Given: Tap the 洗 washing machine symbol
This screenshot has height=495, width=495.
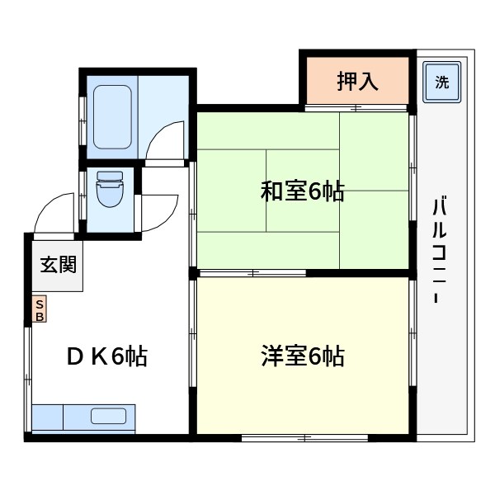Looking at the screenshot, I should tap(442, 82).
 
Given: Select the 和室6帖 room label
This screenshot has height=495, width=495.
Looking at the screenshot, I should tap(302, 192).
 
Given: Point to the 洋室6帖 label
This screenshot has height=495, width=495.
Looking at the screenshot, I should tap(302, 357).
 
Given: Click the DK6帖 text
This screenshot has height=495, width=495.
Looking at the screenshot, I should tap(107, 357).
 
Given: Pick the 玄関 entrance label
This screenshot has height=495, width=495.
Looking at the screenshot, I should tap(59, 266).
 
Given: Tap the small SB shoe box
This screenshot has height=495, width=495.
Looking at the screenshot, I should tap(40, 309).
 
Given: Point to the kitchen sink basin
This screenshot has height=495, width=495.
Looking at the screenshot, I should tap(102, 416).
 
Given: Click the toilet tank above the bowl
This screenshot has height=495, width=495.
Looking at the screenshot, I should tap(109, 177).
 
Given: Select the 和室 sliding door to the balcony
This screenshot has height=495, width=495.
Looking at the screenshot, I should tap(412, 190).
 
